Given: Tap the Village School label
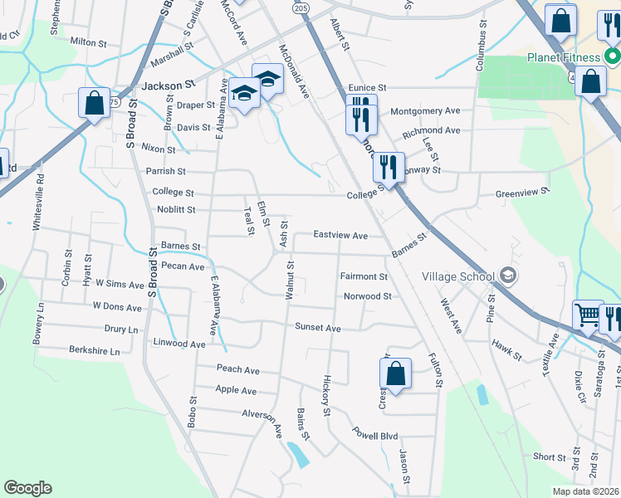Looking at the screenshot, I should [x=458, y=276].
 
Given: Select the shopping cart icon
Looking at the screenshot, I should [x=588, y=316].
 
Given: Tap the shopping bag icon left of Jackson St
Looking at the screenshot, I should [x=94, y=104].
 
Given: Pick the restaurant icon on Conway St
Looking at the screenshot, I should [x=389, y=168].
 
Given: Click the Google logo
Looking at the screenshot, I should [x=27, y=488].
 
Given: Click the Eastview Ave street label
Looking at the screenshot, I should [x=340, y=236].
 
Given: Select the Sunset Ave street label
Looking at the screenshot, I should [x=318, y=328].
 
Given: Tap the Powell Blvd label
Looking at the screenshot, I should [x=375, y=435].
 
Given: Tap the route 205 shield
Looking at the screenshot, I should [x=301, y=7].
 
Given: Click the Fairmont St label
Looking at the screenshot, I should [x=364, y=276].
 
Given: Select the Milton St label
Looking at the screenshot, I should [x=90, y=41].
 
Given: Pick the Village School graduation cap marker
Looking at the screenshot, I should [x=507, y=276].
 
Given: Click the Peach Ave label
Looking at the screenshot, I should [x=238, y=369].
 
